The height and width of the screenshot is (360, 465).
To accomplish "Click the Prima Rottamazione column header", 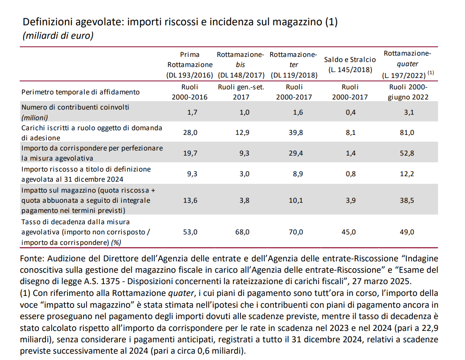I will tap(189, 64).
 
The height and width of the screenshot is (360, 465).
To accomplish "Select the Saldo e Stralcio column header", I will tap(350, 64).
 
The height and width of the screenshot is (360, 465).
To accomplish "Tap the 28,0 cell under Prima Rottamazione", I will tap(189, 132).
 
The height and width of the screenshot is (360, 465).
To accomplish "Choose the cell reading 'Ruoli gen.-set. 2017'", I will tap(242, 92).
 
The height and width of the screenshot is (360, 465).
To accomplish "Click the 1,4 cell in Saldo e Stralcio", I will tap(350, 153).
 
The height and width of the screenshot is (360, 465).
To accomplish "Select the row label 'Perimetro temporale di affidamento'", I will tap(80, 92).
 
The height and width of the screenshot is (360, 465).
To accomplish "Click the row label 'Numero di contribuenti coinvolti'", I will tap(75, 107).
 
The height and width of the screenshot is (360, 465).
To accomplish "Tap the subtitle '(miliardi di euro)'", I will tap(58, 36).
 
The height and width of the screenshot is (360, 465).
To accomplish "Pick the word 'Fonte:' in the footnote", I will tap(32, 258).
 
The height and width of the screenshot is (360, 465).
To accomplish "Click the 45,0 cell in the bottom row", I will tap(350, 232).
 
